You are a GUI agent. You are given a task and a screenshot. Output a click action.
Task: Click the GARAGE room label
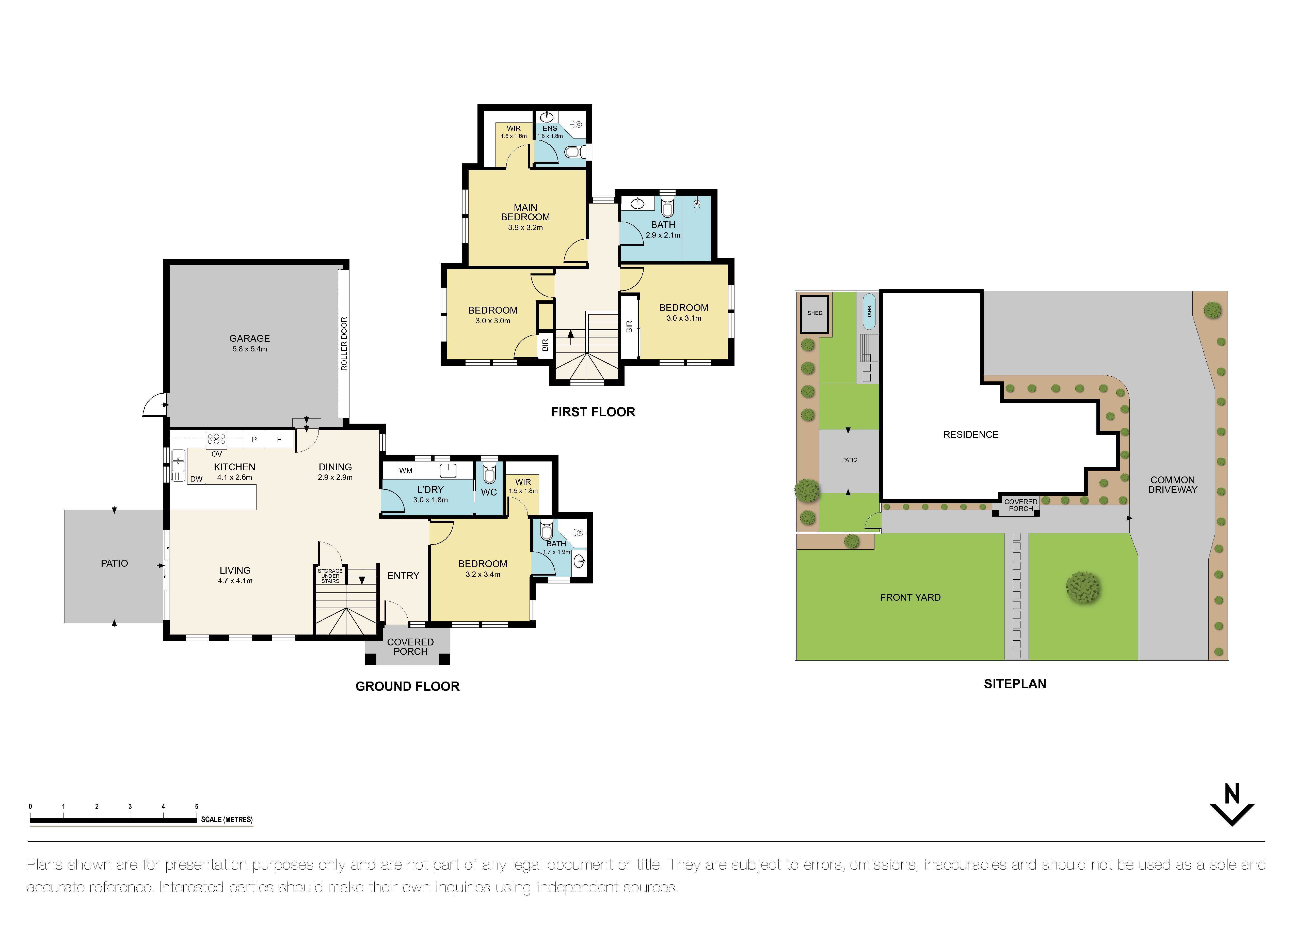click(x=249, y=338)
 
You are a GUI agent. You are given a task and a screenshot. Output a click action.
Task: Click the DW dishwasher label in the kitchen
click(x=196, y=479)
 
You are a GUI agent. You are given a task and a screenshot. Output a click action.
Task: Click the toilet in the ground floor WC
click(x=489, y=474)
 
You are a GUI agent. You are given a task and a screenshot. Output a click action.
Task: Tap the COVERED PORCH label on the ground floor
click(x=410, y=647)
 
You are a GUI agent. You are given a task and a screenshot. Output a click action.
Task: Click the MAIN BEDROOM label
click(x=525, y=212)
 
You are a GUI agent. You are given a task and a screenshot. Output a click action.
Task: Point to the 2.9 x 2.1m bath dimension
click(x=663, y=235)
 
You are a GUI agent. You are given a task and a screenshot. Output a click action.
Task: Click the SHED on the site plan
click(x=815, y=313)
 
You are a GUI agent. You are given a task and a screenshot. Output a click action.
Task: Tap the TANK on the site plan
click(x=869, y=312)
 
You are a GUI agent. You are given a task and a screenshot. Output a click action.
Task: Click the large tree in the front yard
click(x=1082, y=587)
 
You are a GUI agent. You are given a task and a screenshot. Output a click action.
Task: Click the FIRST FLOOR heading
click(x=593, y=412)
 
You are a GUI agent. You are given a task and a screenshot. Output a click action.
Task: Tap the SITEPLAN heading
click(x=1014, y=684)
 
